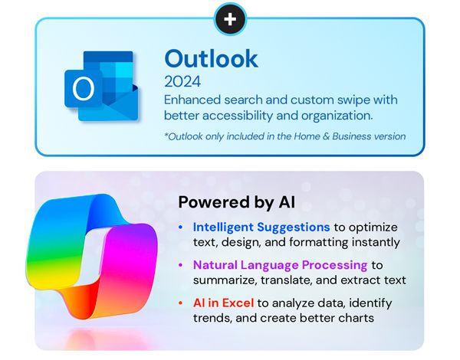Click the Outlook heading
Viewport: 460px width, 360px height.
[x=212, y=58]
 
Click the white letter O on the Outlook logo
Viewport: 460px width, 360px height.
[x=81, y=90]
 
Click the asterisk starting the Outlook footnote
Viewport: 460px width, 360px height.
[x=167, y=136]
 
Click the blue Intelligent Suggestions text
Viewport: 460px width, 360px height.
[x=261, y=227]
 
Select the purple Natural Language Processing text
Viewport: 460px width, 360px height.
[x=281, y=265]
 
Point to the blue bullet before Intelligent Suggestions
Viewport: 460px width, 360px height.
[x=180, y=228]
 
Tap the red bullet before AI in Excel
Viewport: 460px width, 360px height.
[x=180, y=303]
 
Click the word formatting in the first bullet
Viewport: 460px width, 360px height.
[x=330, y=242]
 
